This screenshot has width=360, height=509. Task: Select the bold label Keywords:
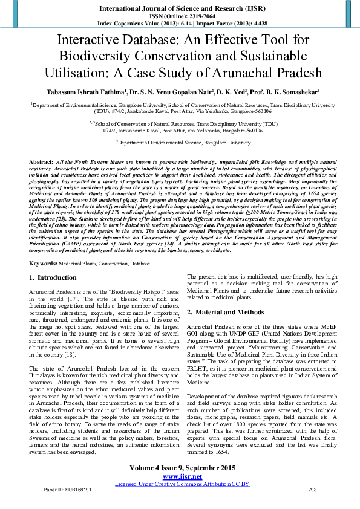click(x=43, y=264)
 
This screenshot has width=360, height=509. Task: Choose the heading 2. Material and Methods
click(x=226, y=313)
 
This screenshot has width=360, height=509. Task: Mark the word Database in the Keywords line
click(x=140, y=264)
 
